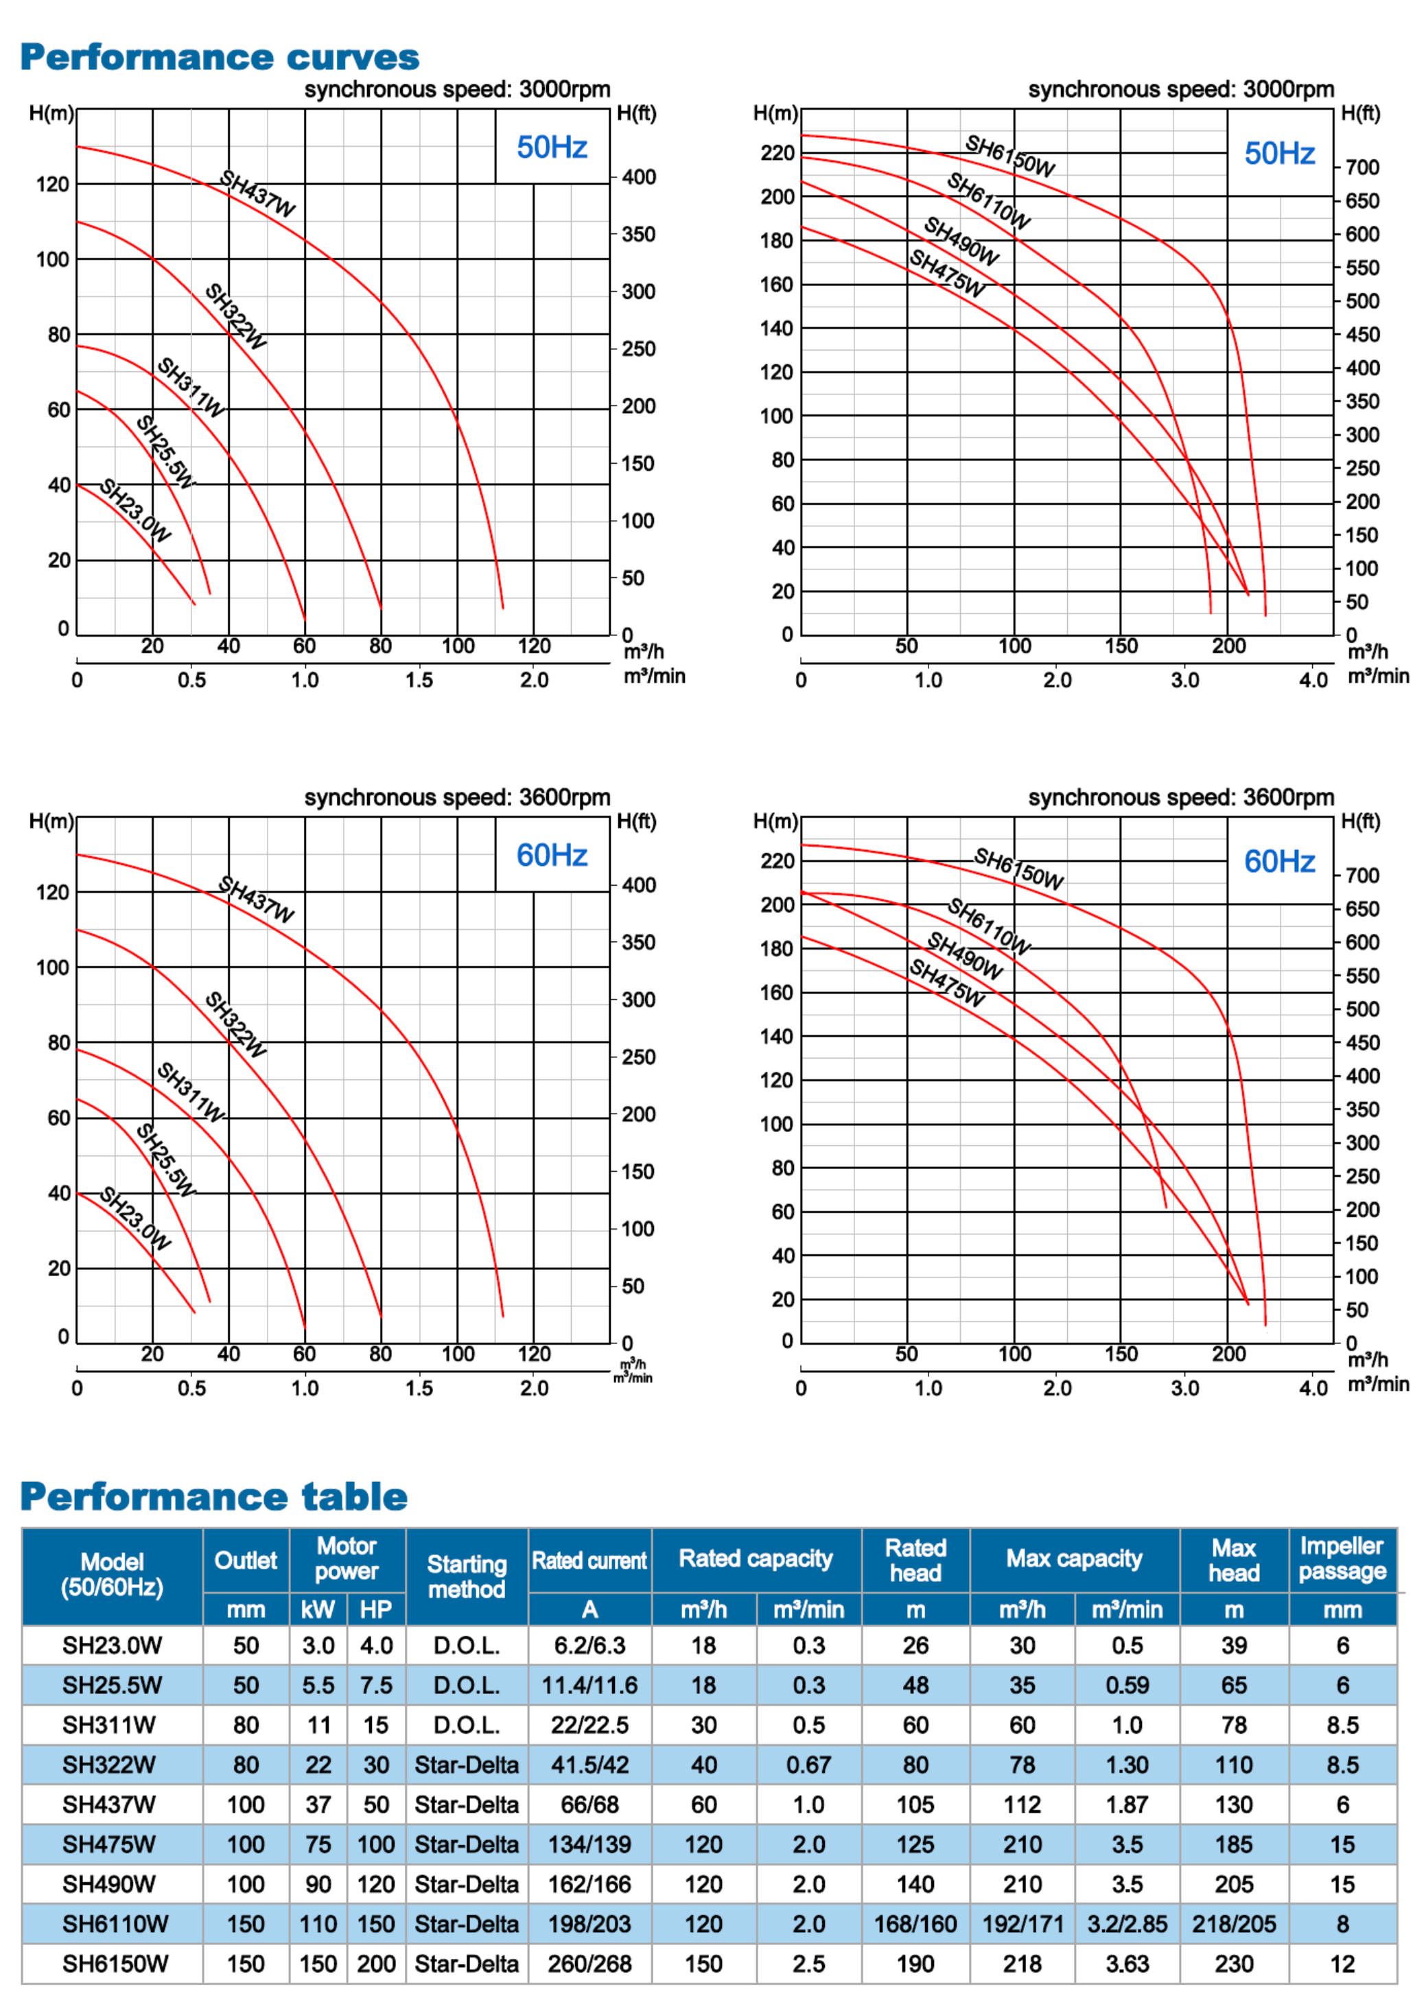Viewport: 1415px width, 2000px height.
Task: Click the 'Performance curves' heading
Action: click(x=220, y=58)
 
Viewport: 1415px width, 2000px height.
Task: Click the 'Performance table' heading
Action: click(x=214, y=1496)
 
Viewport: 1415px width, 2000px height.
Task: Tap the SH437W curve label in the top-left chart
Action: click(x=257, y=193)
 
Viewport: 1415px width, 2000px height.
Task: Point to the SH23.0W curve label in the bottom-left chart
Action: click(x=135, y=1218)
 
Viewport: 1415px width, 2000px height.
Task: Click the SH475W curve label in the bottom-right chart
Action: click(x=947, y=983)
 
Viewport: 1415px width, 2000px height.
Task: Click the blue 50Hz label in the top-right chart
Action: click(x=1279, y=153)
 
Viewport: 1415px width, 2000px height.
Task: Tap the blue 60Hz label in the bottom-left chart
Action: click(x=552, y=856)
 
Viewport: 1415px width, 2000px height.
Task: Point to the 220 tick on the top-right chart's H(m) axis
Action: click(x=777, y=153)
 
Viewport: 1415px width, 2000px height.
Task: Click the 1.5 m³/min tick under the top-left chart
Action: click(x=419, y=681)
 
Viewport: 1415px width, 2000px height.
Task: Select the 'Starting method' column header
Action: click(x=466, y=1577)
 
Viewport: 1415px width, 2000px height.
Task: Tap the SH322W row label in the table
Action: click(x=109, y=1765)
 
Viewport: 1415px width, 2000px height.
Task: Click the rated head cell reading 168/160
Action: click(x=915, y=1925)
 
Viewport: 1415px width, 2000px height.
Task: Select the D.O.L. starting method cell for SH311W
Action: click(x=466, y=1725)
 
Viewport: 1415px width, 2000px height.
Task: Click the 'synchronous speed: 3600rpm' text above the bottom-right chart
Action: click(x=1180, y=797)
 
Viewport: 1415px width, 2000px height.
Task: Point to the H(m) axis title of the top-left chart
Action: click(x=51, y=113)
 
